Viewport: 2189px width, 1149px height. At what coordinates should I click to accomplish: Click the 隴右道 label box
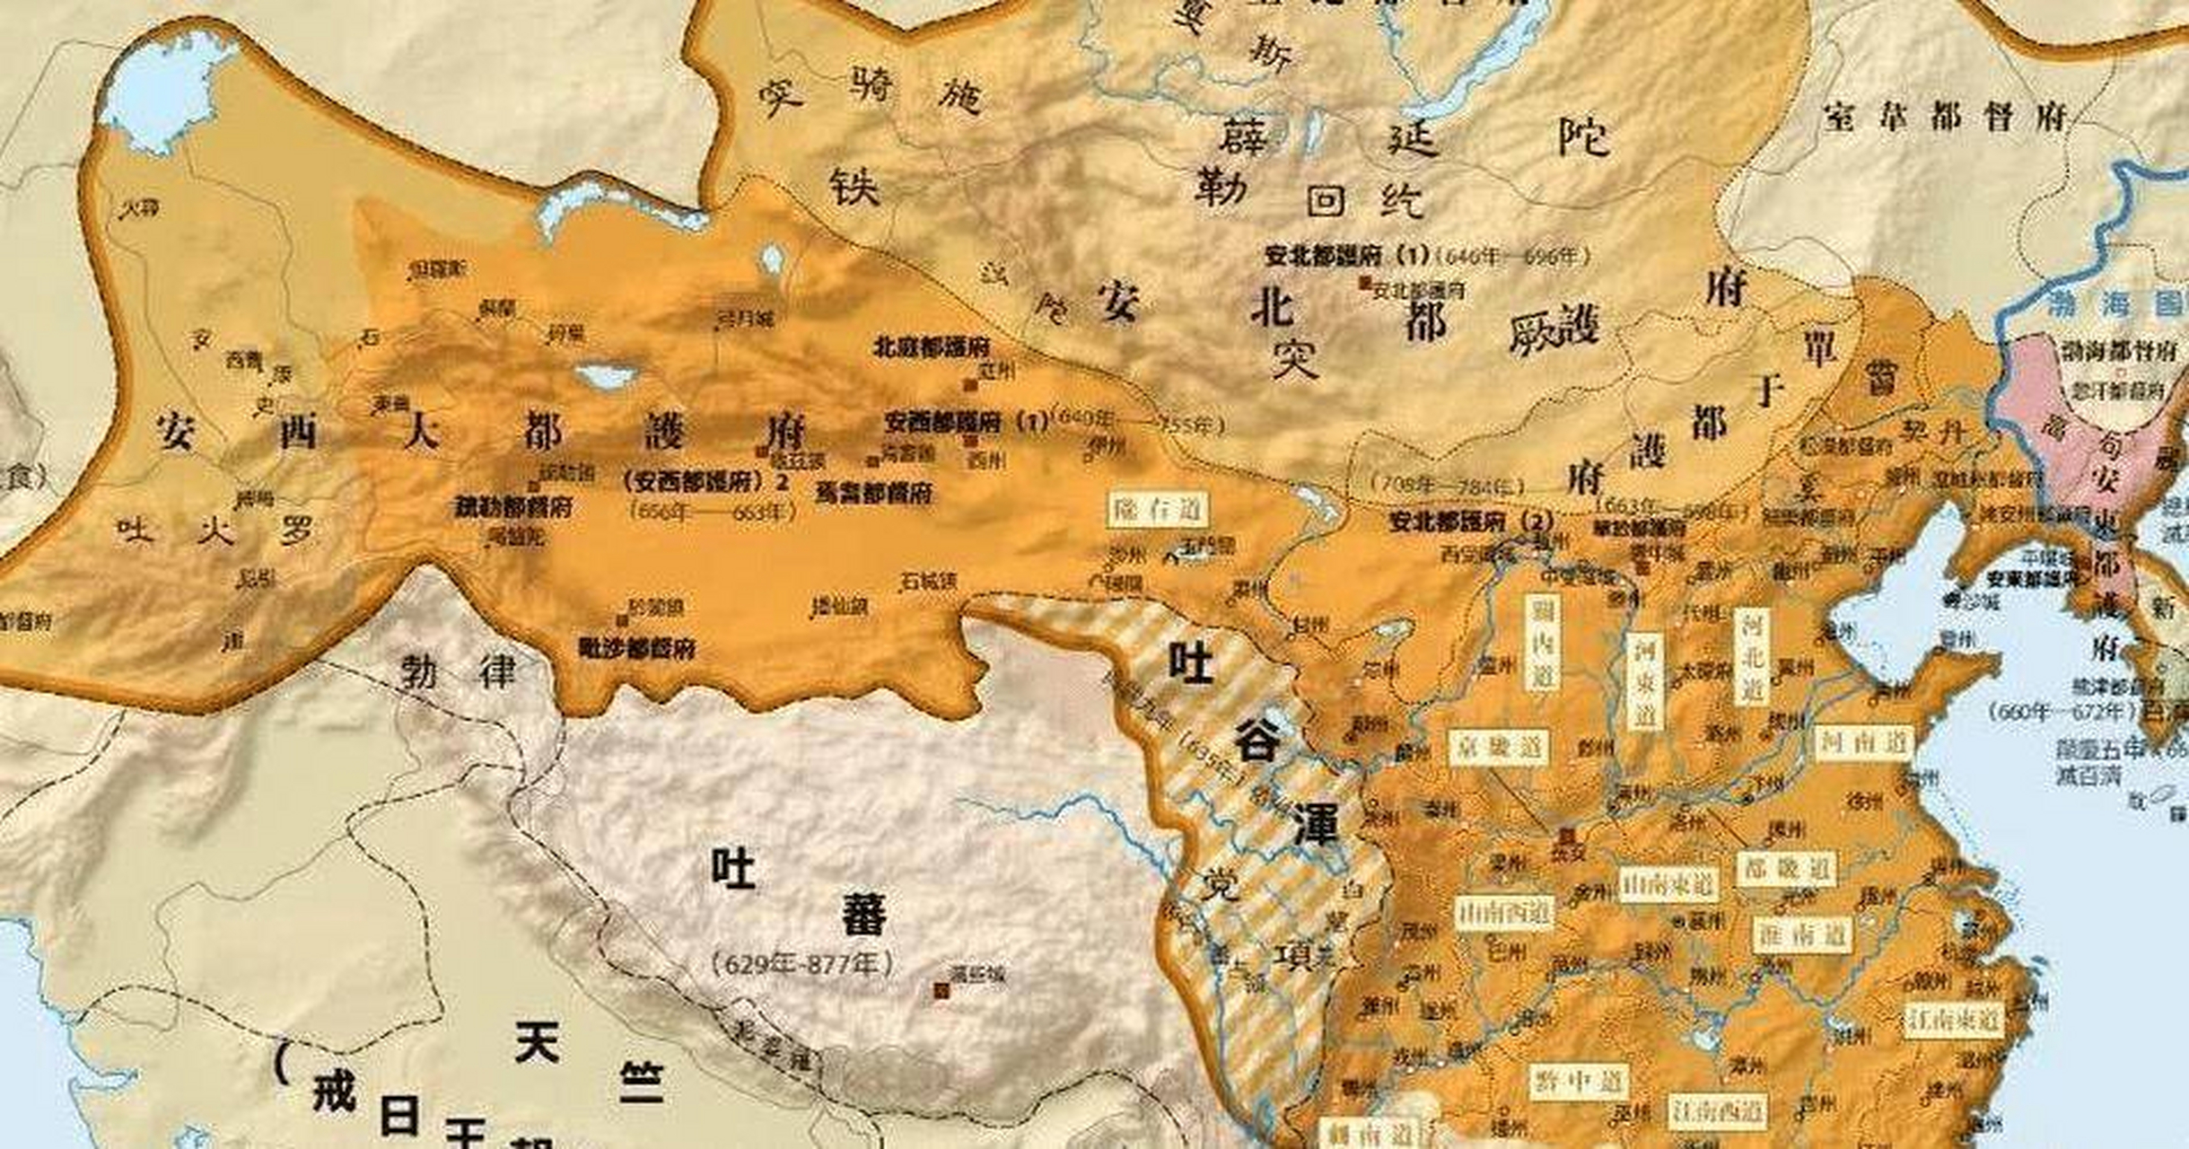click(x=1158, y=510)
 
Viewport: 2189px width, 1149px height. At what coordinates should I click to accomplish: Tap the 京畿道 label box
click(x=1498, y=747)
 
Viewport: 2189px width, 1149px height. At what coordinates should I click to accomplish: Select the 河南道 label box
click(x=1864, y=742)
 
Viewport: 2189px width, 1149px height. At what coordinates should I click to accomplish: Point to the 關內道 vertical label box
click(x=1542, y=645)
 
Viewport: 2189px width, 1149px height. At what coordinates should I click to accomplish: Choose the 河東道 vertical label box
click(x=1643, y=679)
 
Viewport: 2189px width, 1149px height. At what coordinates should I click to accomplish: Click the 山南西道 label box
click(x=1503, y=913)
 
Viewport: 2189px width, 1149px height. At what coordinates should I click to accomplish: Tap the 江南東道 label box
click(x=1954, y=1020)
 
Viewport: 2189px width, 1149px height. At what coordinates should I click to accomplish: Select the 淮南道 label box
click(x=1800, y=935)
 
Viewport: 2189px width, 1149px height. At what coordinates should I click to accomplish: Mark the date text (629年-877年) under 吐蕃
click(x=803, y=964)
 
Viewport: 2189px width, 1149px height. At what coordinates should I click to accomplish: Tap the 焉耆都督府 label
click(x=873, y=492)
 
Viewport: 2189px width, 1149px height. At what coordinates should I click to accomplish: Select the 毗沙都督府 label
click(x=637, y=647)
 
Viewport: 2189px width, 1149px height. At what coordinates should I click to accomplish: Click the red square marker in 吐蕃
click(x=941, y=990)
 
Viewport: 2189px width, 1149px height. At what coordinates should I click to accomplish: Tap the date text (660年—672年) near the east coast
click(x=2061, y=713)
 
